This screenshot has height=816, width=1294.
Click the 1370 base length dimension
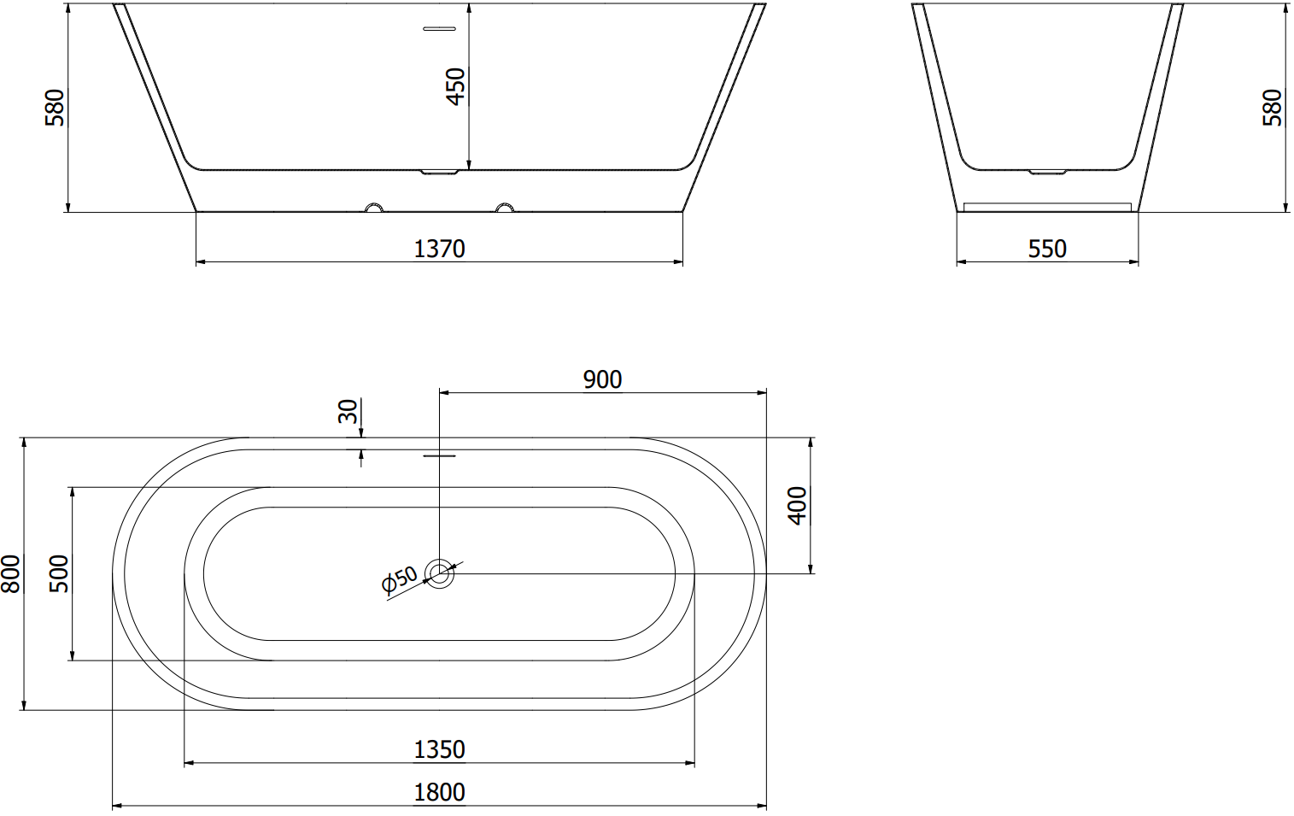(439, 249)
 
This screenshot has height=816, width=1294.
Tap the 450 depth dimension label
(456, 86)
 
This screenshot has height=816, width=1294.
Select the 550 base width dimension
(1047, 249)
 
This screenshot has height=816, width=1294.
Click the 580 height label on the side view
(55, 108)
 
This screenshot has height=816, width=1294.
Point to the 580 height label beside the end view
(1272, 108)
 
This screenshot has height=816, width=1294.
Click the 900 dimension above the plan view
(602, 379)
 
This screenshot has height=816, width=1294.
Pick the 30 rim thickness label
(348, 411)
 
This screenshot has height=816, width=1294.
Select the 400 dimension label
(797, 506)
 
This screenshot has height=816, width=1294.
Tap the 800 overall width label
(10, 574)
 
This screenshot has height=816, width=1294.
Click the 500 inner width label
(59, 574)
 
